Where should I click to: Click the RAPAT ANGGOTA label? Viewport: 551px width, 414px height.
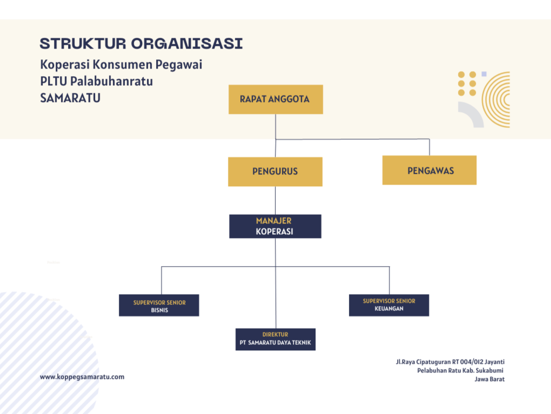tap(274, 99)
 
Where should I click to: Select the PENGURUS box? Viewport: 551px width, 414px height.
tap(275, 172)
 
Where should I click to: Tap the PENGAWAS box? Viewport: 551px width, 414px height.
tap(429, 171)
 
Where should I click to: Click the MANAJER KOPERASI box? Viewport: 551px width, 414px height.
tap(275, 227)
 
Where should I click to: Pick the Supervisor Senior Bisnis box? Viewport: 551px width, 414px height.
tap(159, 306)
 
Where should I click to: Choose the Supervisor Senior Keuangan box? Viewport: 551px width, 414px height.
tap(389, 305)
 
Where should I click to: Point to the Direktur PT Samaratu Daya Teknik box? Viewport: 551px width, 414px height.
tap(275, 340)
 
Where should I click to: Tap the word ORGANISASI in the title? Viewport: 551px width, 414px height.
tap(187, 44)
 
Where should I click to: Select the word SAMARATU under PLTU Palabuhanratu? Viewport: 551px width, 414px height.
tap(70, 98)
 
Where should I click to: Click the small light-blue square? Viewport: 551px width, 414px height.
tap(484, 74)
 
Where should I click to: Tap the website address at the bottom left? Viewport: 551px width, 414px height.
tap(82, 377)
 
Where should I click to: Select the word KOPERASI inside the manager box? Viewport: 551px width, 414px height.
tap(274, 232)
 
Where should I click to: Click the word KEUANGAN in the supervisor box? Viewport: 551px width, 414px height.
tap(389, 309)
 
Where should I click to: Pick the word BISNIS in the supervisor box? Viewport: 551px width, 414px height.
tap(159, 310)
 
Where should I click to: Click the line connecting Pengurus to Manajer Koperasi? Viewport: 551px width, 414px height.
tap(275, 201)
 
